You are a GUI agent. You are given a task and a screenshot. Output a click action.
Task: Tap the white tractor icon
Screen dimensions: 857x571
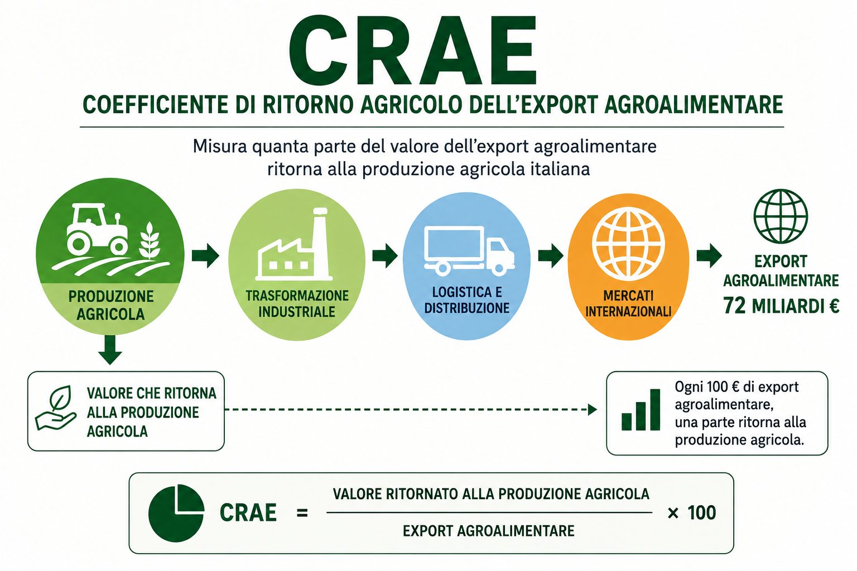click(97, 230)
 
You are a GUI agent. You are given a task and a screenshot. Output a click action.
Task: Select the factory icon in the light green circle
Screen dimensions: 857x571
click(294, 244)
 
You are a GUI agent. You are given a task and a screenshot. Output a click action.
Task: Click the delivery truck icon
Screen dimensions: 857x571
click(469, 250)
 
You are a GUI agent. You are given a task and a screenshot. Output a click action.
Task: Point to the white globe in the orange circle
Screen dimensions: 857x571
click(628, 243)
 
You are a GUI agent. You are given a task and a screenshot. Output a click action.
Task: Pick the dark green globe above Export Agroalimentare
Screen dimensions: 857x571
click(781, 216)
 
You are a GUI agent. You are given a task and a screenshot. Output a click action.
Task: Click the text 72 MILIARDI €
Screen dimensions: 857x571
click(781, 306)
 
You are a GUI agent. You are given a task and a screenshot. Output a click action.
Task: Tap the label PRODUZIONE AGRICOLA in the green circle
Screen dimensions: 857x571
click(110, 305)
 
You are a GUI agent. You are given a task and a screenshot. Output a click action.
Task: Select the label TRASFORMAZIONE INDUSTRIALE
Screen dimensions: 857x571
click(297, 304)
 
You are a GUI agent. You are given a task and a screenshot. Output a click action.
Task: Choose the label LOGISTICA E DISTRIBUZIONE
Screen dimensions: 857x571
click(467, 300)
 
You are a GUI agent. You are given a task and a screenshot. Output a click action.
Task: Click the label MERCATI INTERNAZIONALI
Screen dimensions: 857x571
click(628, 304)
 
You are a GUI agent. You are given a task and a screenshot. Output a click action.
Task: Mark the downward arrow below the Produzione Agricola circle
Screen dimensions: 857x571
click(110, 350)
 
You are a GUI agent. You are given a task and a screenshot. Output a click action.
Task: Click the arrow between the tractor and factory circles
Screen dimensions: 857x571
click(206, 255)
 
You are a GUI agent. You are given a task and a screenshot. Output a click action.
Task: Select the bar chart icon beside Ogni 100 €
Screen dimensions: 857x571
click(641, 410)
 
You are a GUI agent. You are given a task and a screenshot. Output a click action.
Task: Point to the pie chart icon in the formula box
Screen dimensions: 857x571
click(176, 513)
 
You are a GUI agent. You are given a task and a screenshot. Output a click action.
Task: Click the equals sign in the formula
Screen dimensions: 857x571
click(302, 513)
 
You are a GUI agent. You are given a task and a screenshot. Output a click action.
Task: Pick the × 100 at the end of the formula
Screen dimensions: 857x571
click(692, 513)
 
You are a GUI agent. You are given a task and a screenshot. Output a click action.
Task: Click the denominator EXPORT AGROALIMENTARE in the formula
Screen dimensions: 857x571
click(489, 531)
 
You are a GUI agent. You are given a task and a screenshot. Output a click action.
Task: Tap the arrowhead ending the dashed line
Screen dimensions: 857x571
click(593, 410)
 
